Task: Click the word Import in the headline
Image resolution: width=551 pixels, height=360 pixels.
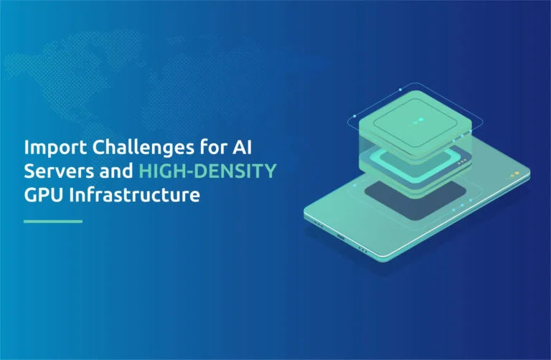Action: pos(55,148)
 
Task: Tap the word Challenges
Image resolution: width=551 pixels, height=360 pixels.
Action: pos(143,148)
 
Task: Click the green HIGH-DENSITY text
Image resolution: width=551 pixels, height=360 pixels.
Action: pos(207,171)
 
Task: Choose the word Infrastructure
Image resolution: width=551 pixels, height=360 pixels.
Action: pos(135,194)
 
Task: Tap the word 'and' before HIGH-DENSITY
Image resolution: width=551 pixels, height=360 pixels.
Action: pos(116,171)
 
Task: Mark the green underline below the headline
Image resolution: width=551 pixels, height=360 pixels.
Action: pos(53,222)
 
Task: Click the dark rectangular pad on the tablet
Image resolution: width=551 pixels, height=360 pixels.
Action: pos(415,200)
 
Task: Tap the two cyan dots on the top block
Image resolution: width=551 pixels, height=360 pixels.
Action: pos(418,121)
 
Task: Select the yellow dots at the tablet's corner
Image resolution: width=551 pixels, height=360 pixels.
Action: pos(514,174)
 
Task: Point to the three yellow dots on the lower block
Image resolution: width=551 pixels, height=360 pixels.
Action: pos(463,161)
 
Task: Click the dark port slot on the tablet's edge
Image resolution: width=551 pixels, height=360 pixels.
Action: pos(341,237)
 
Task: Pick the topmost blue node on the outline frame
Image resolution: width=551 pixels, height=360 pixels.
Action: pos(400,90)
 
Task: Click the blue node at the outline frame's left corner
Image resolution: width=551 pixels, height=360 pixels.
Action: pos(354,116)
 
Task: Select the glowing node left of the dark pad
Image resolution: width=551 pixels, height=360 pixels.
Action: pos(354,186)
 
